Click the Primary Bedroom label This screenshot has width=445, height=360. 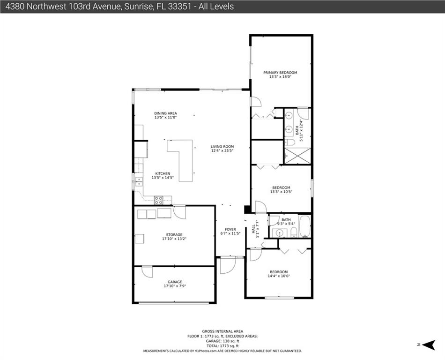tap(280, 73)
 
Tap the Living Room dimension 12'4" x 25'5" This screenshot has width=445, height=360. tap(222, 151)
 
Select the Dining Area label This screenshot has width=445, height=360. tap(165, 113)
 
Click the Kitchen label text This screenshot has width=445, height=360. tap(163, 173)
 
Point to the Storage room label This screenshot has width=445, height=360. tap(174, 235)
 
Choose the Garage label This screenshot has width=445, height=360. tap(175, 282)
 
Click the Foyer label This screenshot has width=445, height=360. tap(230, 229)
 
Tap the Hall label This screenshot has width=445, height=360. tap(253, 229)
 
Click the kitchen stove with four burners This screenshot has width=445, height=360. tap(158, 200)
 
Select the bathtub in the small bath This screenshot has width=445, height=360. tap(305, 226)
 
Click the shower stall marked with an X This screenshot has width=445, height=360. tap(298, 156)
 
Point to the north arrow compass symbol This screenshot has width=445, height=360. tap(429, 345)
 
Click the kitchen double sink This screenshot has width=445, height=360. tap(139, 181)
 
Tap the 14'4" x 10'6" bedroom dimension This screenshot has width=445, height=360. tap(279, 276)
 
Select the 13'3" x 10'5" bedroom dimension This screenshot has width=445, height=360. tap(281, 192)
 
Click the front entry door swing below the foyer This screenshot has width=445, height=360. tap(228, 265)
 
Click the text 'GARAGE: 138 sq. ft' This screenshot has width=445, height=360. tap(222, 341)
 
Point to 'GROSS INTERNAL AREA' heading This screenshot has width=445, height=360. tap(222, 331)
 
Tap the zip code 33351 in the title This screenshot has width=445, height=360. tap(179, 7)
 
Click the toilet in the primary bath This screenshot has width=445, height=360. tap(290, 142)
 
